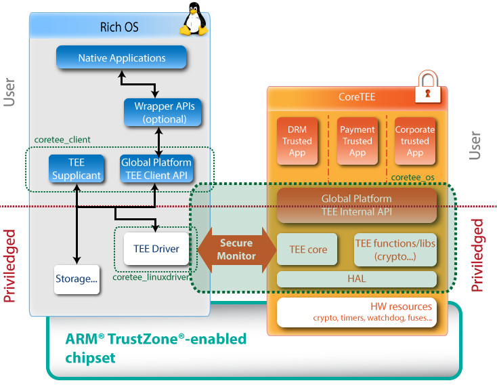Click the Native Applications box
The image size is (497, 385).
(x=121, y=58)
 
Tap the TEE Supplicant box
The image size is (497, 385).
(x=76, y=169)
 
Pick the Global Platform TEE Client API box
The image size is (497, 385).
(x=156, y=169)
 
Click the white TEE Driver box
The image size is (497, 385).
(x=156, y=249)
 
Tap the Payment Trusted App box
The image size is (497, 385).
(x=357, y=141)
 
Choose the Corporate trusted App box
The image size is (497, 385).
(x=414, y=141)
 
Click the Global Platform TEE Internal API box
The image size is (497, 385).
(x=357, y=205)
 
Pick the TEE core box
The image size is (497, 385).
(x=308, y=249)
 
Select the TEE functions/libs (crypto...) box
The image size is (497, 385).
(x=395, y=249)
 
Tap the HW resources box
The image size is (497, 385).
(x=357, y=312)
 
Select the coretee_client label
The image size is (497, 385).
(x=62, y=140)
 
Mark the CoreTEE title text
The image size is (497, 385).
(x=357, y=97)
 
